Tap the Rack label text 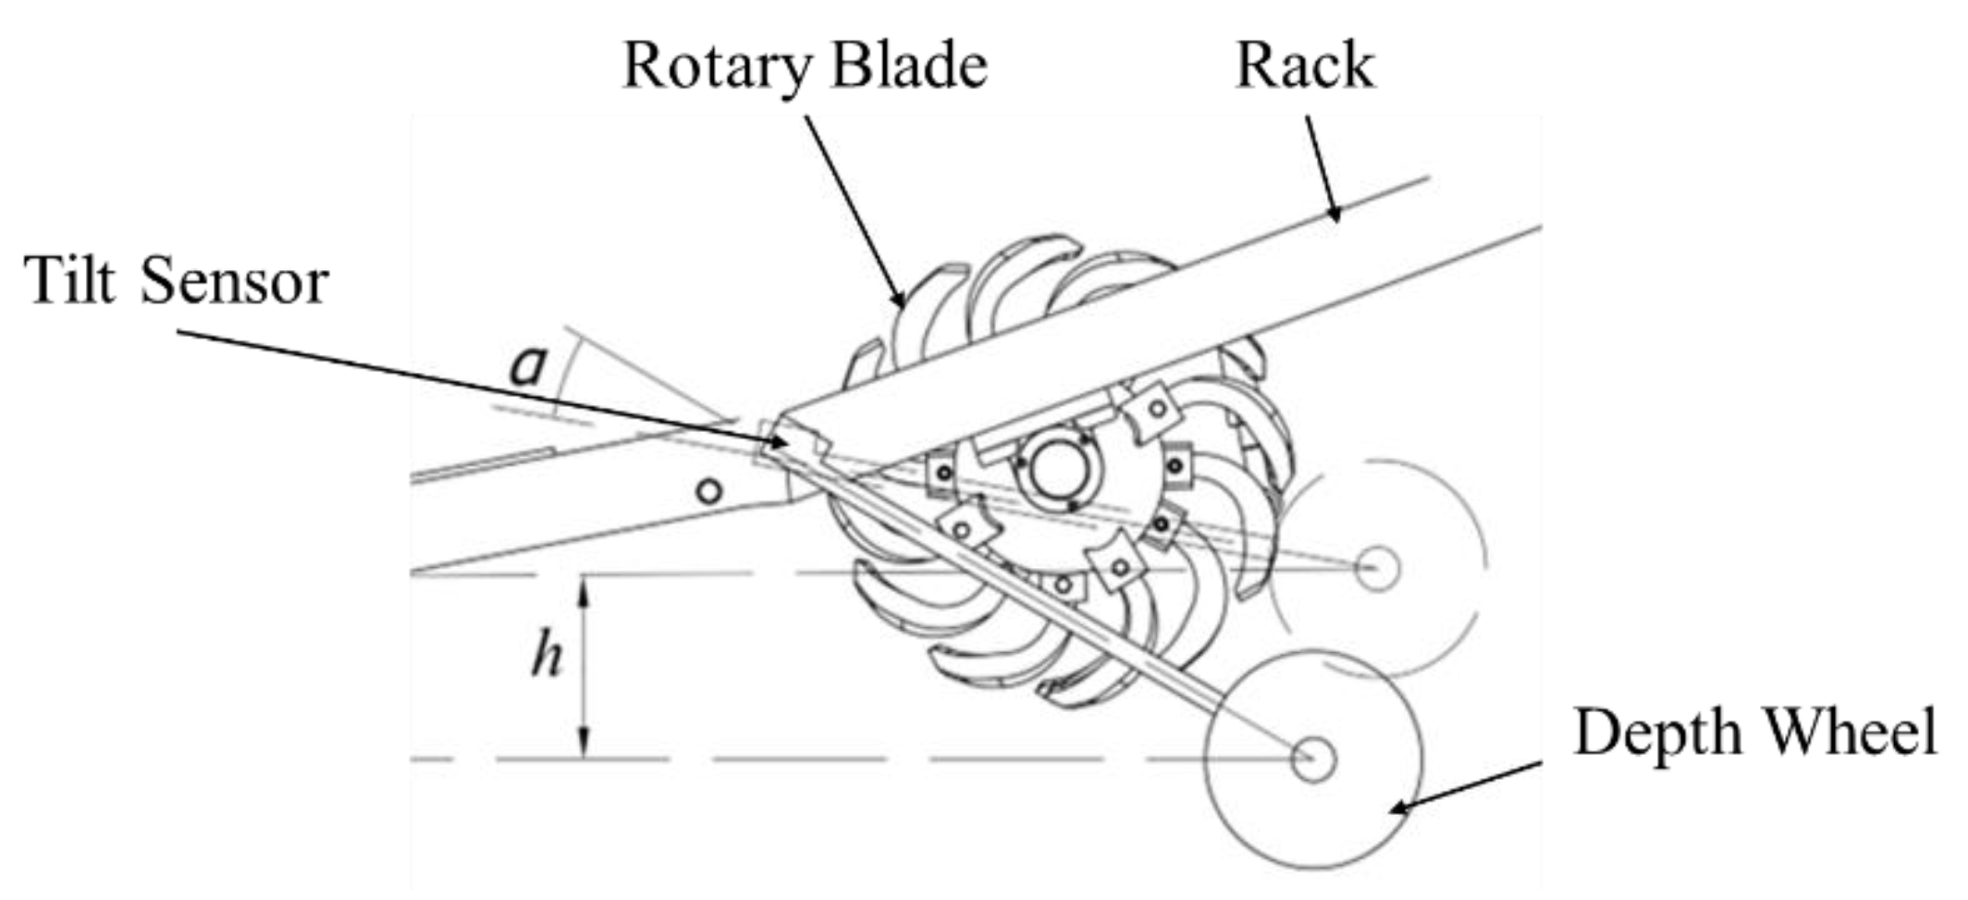1305,67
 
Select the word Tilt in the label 72,280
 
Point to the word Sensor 235,282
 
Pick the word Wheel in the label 1851,733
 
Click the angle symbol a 529,365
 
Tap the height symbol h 547,656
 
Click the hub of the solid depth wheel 1313,758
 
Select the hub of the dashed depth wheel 1377,568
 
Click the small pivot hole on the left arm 708,490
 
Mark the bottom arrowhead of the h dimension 584,746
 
